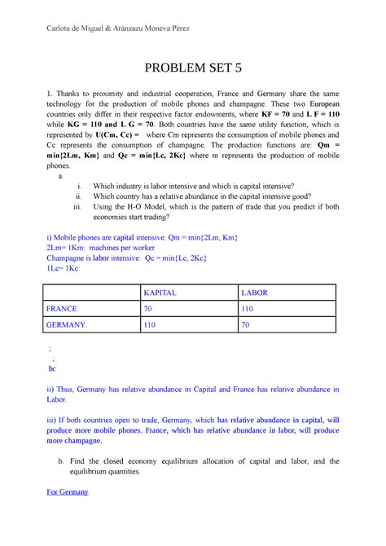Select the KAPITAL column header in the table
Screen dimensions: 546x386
(160, 292)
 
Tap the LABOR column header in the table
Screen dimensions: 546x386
(254, 292)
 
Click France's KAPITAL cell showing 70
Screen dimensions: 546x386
(147, 309)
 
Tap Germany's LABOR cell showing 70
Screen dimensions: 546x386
(245, 326)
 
